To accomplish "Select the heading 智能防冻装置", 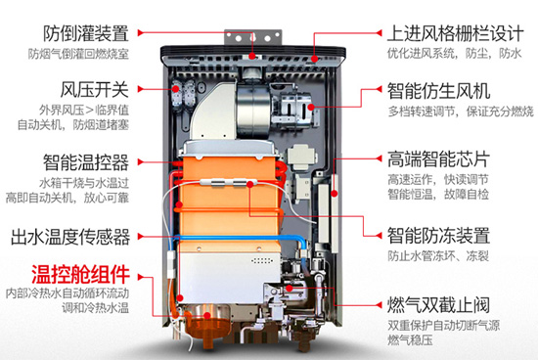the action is [x=442, y=235].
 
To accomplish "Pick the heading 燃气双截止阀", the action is [x=442, y=298].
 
